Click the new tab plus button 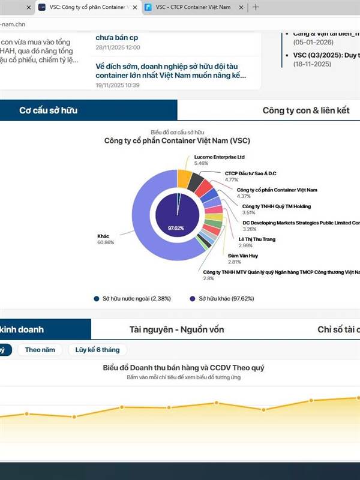tap(256, 7)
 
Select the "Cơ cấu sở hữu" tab tap(48, 110)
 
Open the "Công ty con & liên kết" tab tap(305, 110)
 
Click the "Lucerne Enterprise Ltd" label tap(220, 157)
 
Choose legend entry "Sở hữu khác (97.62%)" tap(228, 298)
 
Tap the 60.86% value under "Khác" tap(105, 242)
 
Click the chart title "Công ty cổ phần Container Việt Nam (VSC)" tap(177, 141)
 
